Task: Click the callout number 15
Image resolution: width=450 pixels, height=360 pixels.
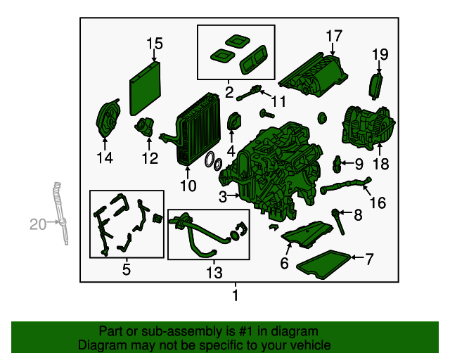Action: click(x=155, y=44)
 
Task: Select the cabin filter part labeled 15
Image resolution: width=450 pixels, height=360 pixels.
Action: click(x=145, y=89)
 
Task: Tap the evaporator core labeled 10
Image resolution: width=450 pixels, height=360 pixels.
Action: click(x=198, y=129)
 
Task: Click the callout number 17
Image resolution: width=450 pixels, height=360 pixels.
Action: click(x=334, y=36)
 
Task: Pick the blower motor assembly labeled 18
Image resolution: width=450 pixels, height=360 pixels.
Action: click(x=368, y=128)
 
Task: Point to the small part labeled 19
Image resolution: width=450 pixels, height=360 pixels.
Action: click(x=375, y=86)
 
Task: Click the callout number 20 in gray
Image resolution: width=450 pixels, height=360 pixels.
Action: click(x=38, y=224)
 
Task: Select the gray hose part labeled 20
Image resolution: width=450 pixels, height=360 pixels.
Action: click(x=61, y=213)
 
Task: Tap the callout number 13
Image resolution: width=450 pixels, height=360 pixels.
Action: click(x=214, y=272)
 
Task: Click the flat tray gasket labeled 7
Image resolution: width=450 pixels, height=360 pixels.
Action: click(x=323, y=264)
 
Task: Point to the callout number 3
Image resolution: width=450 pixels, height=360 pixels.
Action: click(x=223, y=197)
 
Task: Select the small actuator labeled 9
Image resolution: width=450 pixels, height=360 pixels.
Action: click(x=336, y=165)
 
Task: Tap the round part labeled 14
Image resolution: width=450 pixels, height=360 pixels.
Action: click(x=108, y=119)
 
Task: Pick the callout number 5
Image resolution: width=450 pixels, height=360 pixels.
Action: click(x=127, y=270)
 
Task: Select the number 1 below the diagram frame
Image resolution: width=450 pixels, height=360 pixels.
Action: click(x=236, y=295)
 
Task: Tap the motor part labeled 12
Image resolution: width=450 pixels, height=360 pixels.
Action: click(x=145, y=127)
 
